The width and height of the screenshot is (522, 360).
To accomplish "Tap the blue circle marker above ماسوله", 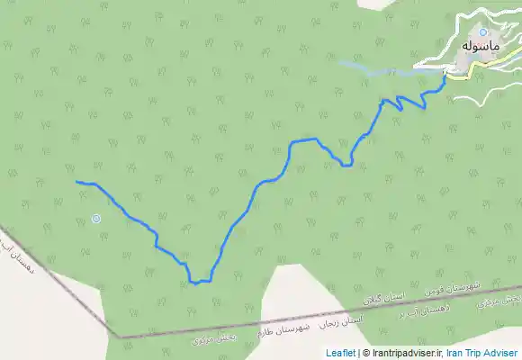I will click(482, 32).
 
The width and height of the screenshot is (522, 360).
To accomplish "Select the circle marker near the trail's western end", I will click(96, 218).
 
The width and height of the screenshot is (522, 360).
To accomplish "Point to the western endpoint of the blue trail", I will click(77, 183).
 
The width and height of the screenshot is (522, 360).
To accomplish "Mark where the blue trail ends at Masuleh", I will click(445, 77).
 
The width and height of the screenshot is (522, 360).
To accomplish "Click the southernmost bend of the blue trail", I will click(194, 283).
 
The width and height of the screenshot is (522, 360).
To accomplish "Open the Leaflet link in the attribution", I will click(340, 353).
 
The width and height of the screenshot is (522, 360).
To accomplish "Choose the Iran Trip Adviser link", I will click(482, 353).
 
